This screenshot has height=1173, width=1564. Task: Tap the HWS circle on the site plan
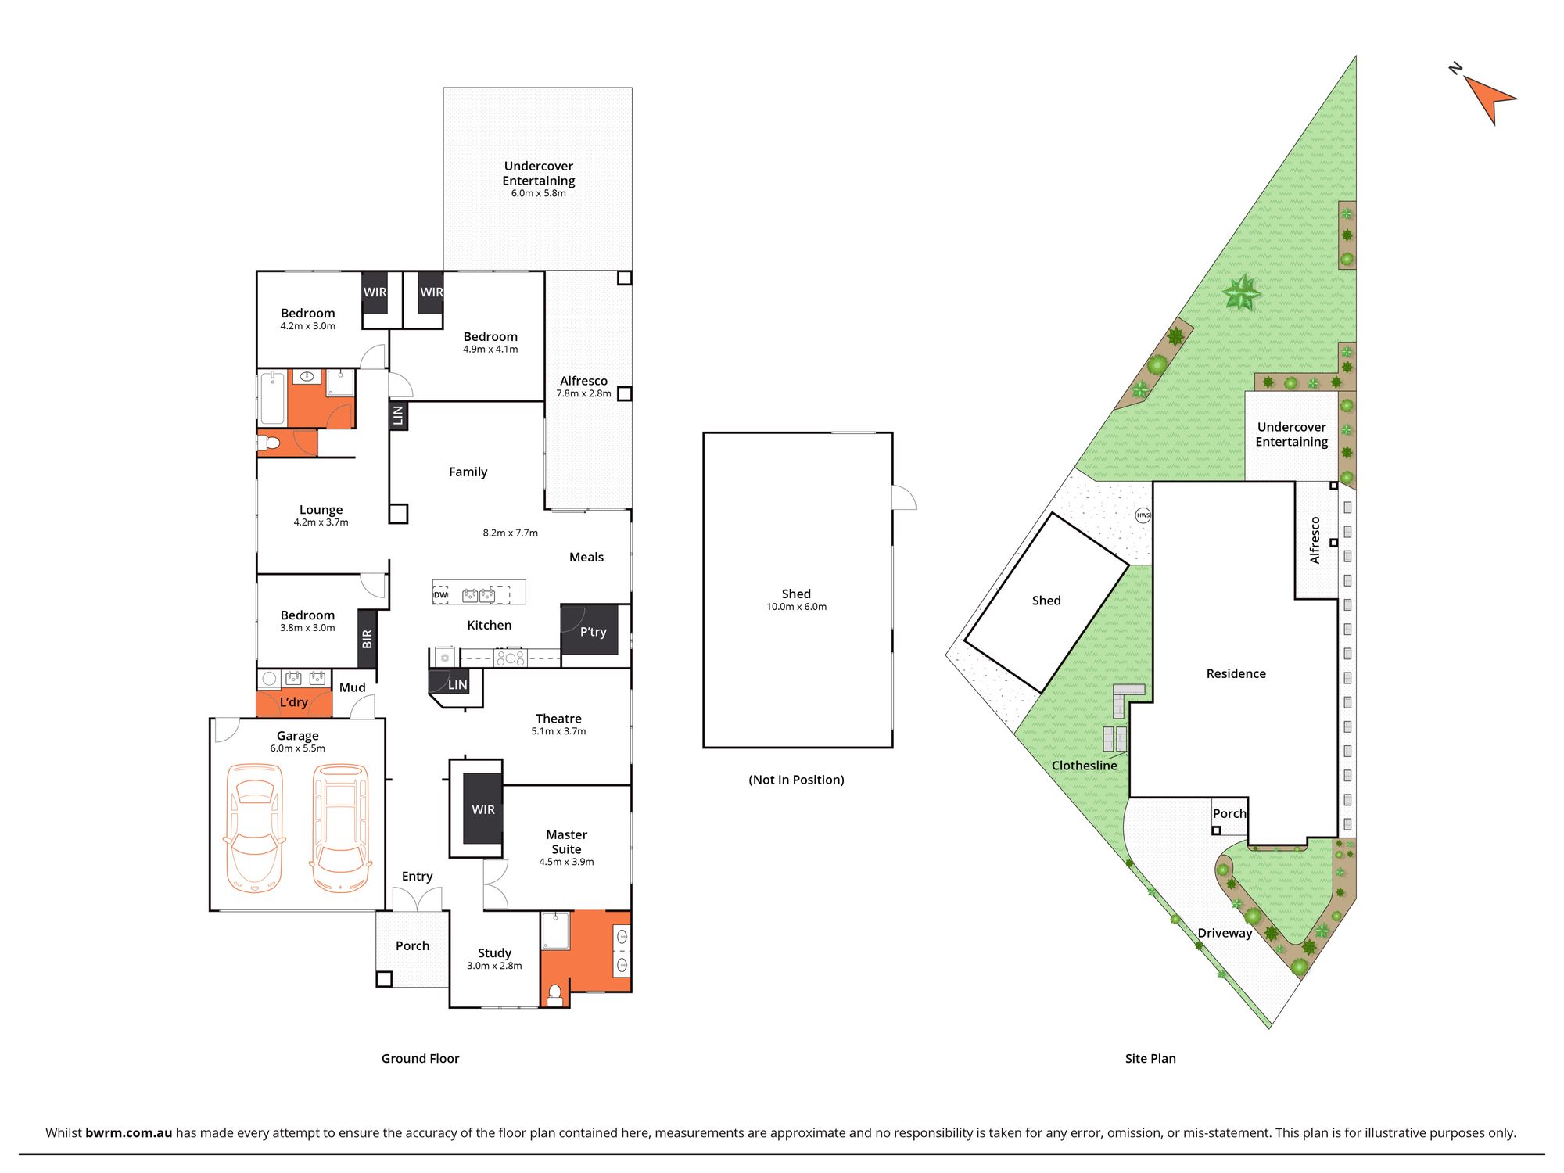click(1143, 515)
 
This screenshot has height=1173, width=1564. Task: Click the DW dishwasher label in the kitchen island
click(441, 595)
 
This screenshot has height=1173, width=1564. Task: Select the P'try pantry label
click(593, 632)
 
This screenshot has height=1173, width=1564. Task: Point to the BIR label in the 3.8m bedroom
click(368, 639)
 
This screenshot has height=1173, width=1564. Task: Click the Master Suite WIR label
click(483, 809)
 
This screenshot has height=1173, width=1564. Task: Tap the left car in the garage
click(254, 828)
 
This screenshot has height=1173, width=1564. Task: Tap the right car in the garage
click(340, 828)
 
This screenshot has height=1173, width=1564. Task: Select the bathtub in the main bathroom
click(273, 398)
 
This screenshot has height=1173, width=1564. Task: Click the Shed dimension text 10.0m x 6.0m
click(796, 607)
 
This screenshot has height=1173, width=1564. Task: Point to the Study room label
click(494, 953)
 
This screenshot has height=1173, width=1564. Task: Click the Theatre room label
click(558, 719)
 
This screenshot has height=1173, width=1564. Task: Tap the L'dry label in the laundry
click(294, 702)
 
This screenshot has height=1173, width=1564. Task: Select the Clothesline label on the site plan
click(1085, 766)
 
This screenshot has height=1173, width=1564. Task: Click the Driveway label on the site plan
click(1225, 933)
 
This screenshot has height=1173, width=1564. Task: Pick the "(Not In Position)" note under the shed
click(797, 780)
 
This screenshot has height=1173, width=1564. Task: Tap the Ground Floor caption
click(420, 1059)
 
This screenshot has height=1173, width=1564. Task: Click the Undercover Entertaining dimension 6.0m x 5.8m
click(539, 193)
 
